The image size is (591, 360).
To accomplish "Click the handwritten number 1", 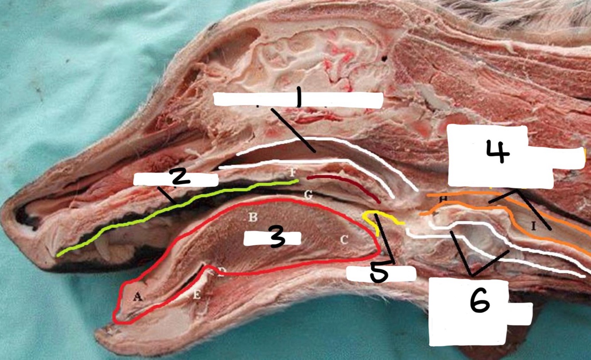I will pyautogui.click(x=298, y=96).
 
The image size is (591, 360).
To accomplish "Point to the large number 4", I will pyautogui.click(x=498, y=152).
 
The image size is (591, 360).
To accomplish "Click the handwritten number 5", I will pyautogui.click(x=379, y=274).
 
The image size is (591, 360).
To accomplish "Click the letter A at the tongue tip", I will pyautogui.click(x=138, y=297).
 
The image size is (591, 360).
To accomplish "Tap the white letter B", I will pyautogui.click(x=253, y=217).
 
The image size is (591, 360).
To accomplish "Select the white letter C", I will pyautogui.click(x=343, y=240).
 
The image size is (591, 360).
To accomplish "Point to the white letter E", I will pyautogui.click(x=197, y=296).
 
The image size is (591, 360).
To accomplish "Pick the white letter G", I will pyautogui.click(x=308, y=194).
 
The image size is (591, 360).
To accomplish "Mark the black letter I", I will pyautogui.click(x=534, y=227).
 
